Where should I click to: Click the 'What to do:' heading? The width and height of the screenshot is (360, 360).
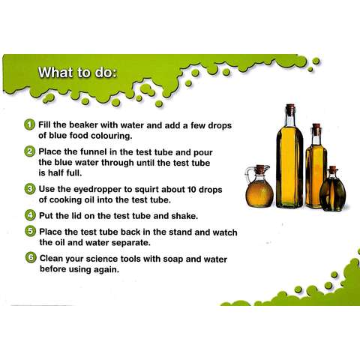coord(77,73)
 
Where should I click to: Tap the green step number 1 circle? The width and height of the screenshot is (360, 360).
coord(29,124)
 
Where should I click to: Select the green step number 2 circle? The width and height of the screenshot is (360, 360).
coord(29,151)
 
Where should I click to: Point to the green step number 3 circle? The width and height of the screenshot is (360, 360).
coord(30,189)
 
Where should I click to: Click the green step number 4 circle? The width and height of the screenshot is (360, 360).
coord(30,215)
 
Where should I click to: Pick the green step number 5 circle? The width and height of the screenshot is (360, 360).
coord(30,232)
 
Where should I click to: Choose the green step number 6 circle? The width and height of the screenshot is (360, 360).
coord(31,258)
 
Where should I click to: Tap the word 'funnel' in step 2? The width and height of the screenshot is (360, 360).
coord(95,151)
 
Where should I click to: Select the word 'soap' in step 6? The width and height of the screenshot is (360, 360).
coord(173,259)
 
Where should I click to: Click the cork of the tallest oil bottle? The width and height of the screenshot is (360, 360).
coord(290,109)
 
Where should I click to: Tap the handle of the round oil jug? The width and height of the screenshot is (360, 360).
coord(247,175)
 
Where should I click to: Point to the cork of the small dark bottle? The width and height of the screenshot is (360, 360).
coord(333,169)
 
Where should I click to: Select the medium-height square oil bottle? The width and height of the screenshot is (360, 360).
coord(316,166)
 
